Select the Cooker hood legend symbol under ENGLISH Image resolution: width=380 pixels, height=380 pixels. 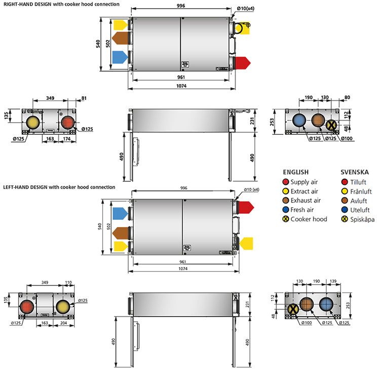coord(286,219)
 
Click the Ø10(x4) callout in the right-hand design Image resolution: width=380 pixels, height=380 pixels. coord(245,9)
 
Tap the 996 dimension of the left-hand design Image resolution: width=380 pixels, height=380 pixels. coord(183,188)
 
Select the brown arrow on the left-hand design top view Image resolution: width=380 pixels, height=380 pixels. coord(120,233)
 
